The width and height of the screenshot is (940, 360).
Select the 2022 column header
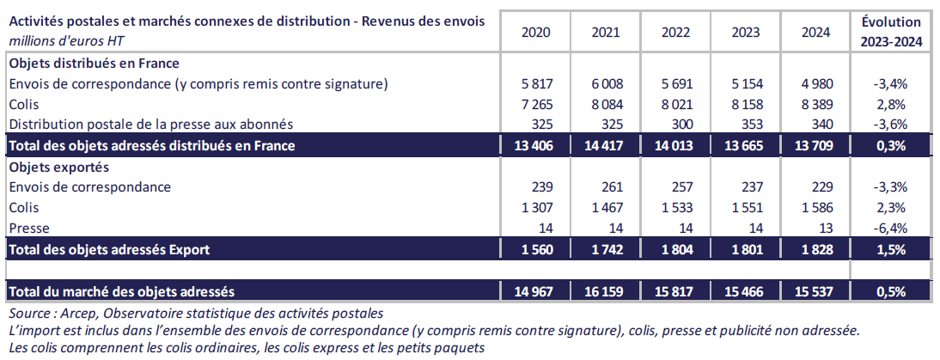pos(676,33)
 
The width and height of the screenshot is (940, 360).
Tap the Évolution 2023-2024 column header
pos(890,31)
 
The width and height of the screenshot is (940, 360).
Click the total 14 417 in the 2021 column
pos(601,145)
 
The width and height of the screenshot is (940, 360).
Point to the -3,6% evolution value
pos(890,125)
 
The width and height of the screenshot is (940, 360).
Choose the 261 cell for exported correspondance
pos(609,187)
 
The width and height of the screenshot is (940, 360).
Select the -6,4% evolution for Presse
pos(890,229)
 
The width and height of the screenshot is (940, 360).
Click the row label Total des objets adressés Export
pos(109,250)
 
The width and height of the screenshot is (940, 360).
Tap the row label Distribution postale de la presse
pos(151,125)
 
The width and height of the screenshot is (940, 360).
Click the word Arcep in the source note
pos(80,314)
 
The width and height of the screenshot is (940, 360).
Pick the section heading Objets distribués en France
pos(94,63)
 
